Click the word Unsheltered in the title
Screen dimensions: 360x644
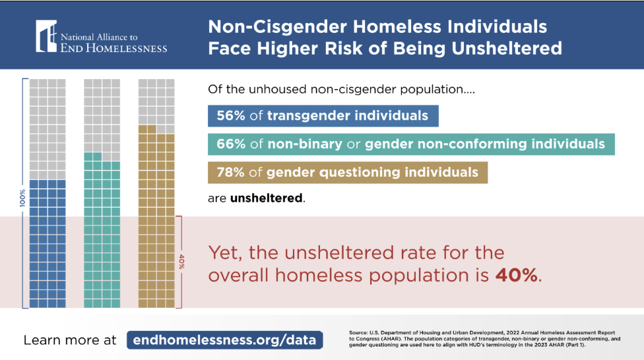click(505, 49)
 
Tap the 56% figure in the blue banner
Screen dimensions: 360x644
click(231, 117)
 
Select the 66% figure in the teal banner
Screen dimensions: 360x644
click(231, 144)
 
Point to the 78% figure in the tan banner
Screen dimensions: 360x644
click(231, 172)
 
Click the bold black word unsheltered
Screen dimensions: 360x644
click(267, 198)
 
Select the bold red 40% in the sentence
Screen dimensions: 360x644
click(517, 275)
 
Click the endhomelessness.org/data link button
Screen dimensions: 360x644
click(224, 340)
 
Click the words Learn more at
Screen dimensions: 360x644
click(70, 340)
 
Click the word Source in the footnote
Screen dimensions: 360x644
click(360, 332)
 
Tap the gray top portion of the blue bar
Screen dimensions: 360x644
click(48, 129)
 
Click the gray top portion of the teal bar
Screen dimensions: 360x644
click(102, 115)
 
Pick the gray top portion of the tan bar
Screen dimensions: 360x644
click(156, 102)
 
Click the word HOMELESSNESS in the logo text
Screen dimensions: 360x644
click(127, 47)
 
